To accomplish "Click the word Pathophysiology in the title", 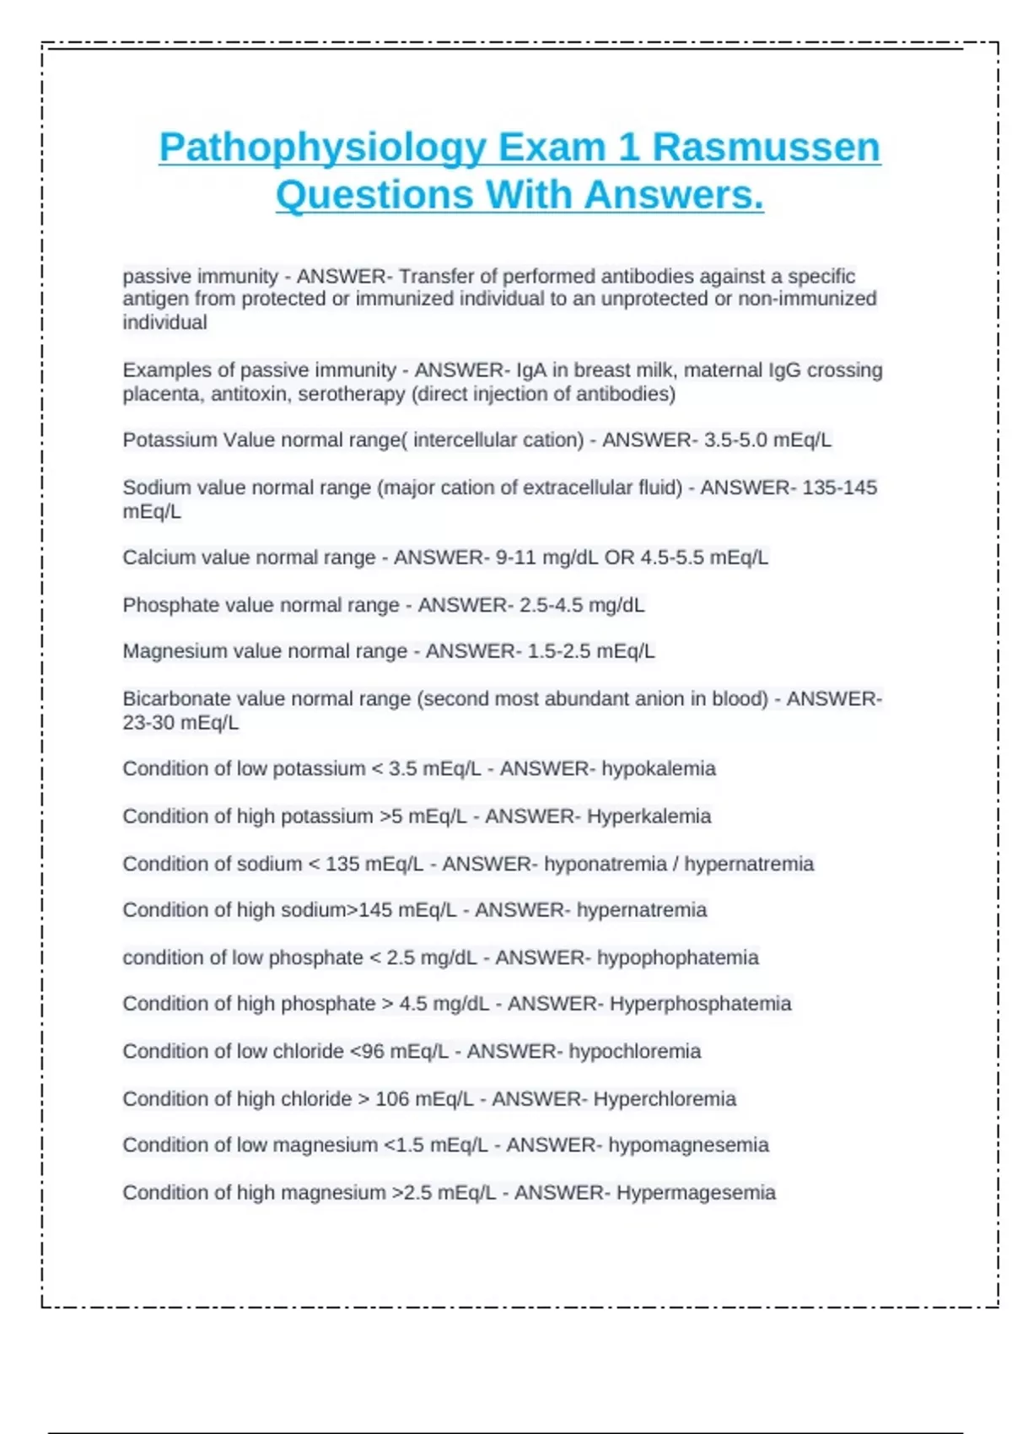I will click(x=321, y=148).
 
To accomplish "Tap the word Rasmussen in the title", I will click(x=766, y=148).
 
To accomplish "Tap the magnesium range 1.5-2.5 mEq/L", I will click(x=590, y=651).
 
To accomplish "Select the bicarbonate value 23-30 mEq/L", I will click(x=180, y=723).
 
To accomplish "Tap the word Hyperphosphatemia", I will click(x=700, y=1004).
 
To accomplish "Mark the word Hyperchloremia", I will click(x=665, y=1099).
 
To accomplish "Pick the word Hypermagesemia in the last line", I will click(x=696, y=1193).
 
